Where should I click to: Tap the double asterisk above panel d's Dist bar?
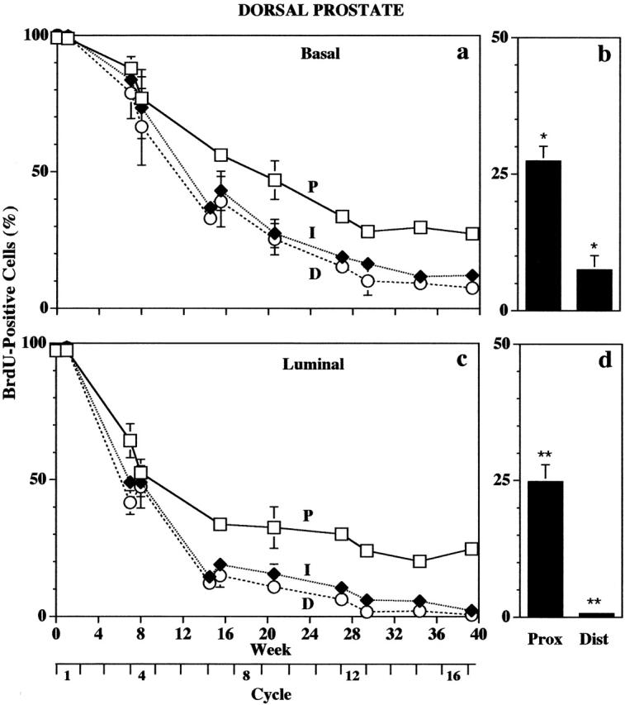[x=594, y=602]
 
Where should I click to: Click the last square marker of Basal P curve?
[x=472, y=234]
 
